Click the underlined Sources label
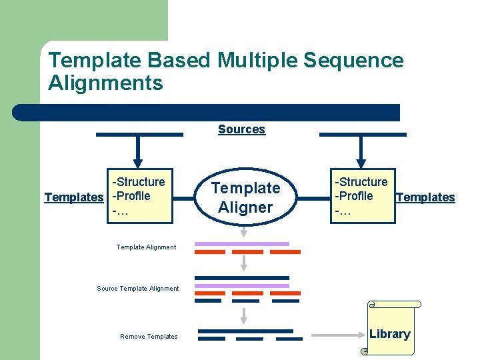241,129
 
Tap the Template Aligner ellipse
246,197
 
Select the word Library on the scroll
389,334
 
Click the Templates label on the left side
74,197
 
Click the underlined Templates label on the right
425,197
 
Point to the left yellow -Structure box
139,196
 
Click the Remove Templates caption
149,337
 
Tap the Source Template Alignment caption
138,289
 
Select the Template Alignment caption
146,247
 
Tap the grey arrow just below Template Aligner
244,231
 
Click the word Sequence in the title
353,61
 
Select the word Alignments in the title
105,83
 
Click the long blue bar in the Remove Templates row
246,331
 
